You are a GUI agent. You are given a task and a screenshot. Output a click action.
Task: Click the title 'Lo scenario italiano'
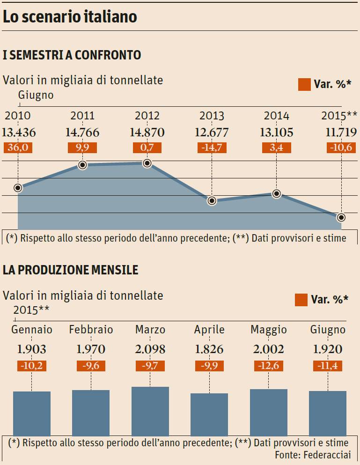click(x=70, y=17)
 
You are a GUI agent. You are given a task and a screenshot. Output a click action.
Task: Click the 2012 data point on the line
click(x=147, y=163)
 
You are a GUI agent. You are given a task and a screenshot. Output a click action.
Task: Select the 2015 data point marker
click(x=341, y=217)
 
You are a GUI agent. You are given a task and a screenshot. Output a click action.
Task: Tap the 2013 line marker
click(x=212, y=201)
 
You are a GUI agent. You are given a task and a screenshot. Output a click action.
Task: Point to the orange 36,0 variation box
click(x=18, y=148)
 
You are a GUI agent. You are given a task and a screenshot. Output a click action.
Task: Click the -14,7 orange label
click(x=212, y=148)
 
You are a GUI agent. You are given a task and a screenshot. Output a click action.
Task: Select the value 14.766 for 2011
click(x=82, y=133)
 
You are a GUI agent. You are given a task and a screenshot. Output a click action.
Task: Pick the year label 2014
click(x=277, y=116)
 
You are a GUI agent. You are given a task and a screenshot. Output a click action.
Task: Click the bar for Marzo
click(x=150, y=411)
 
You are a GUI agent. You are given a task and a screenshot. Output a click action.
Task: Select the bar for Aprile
click(x=209, y=414)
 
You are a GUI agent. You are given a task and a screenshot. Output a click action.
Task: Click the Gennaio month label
click(x=32, y=330)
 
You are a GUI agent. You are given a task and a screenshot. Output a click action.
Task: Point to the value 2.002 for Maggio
click(x=269, y=349)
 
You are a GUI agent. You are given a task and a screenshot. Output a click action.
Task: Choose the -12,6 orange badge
click(x=269, y=366)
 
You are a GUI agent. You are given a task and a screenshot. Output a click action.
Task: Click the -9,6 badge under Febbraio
click(x=91, y=366)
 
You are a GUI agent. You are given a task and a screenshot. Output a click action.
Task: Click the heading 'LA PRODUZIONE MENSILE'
click(x=71, y=270)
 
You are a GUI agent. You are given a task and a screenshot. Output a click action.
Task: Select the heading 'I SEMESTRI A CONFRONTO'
click(x=72, y=55)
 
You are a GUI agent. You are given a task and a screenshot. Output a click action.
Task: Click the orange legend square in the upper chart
click(x=304, y=84)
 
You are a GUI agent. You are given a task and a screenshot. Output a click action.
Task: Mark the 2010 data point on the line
click(x=18, y=188)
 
